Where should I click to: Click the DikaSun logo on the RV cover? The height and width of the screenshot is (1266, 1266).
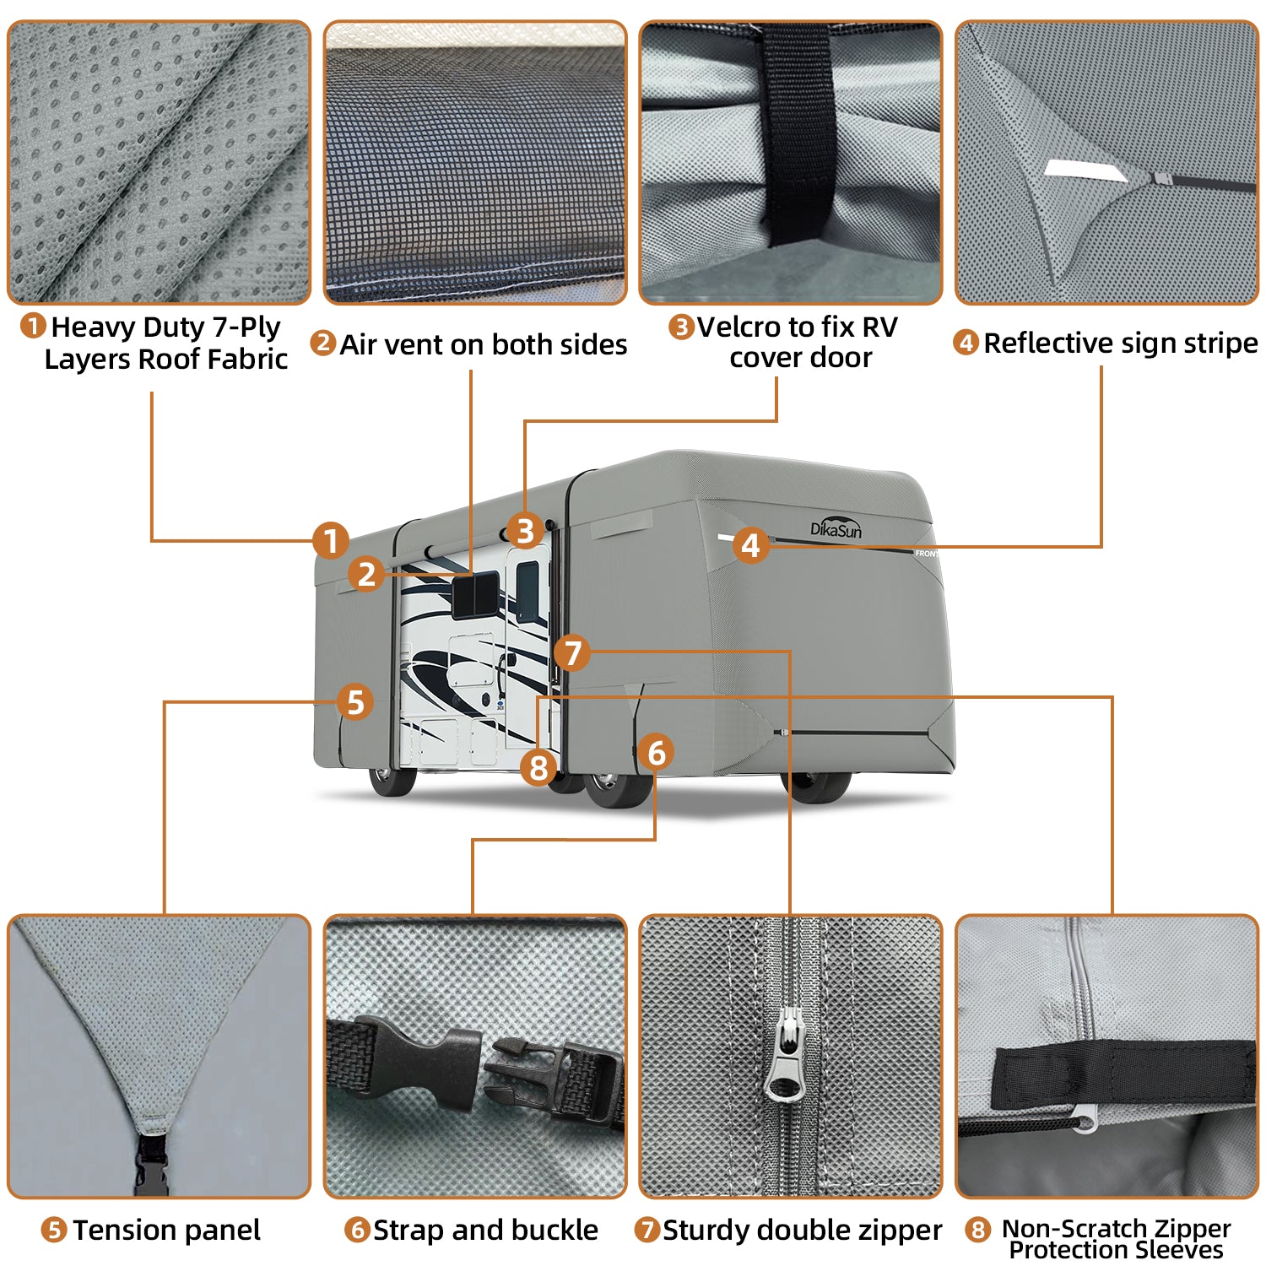(836, 527)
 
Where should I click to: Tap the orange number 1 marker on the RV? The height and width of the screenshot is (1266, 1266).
(331, 541)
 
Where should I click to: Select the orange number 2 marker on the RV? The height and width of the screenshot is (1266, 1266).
(366, 574)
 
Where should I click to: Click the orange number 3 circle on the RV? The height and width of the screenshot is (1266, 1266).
(525, 531)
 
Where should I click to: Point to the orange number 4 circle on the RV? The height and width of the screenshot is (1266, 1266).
(750, 545)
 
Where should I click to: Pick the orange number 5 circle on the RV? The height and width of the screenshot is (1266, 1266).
(355, 701)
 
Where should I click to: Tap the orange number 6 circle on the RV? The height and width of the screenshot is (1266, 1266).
(656, 752)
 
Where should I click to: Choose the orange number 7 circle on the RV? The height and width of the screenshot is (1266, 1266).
(573, 652)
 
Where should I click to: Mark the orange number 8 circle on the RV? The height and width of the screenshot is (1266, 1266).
(538, 767)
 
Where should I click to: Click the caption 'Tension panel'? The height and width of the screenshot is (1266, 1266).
(166, 1230)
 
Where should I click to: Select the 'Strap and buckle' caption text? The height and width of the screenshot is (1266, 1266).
(485, 1230)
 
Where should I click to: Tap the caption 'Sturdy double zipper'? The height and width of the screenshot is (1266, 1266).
(802, 1230)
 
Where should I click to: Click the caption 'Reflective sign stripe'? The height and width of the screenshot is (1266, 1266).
(1120, 343)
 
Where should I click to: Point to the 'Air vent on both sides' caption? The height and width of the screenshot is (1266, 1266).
(483, 344)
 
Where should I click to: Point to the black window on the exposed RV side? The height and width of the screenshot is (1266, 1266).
(475, 594)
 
